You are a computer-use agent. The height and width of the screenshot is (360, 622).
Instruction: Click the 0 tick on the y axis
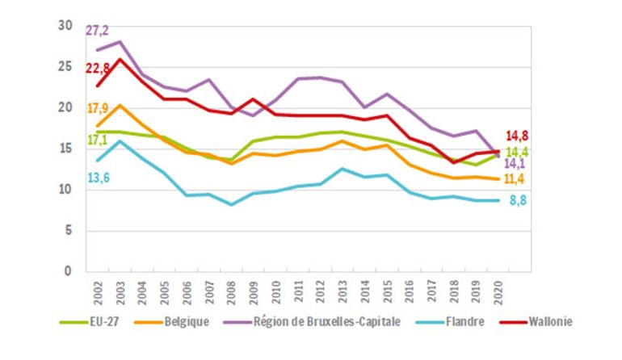click(x=69, y=272)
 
